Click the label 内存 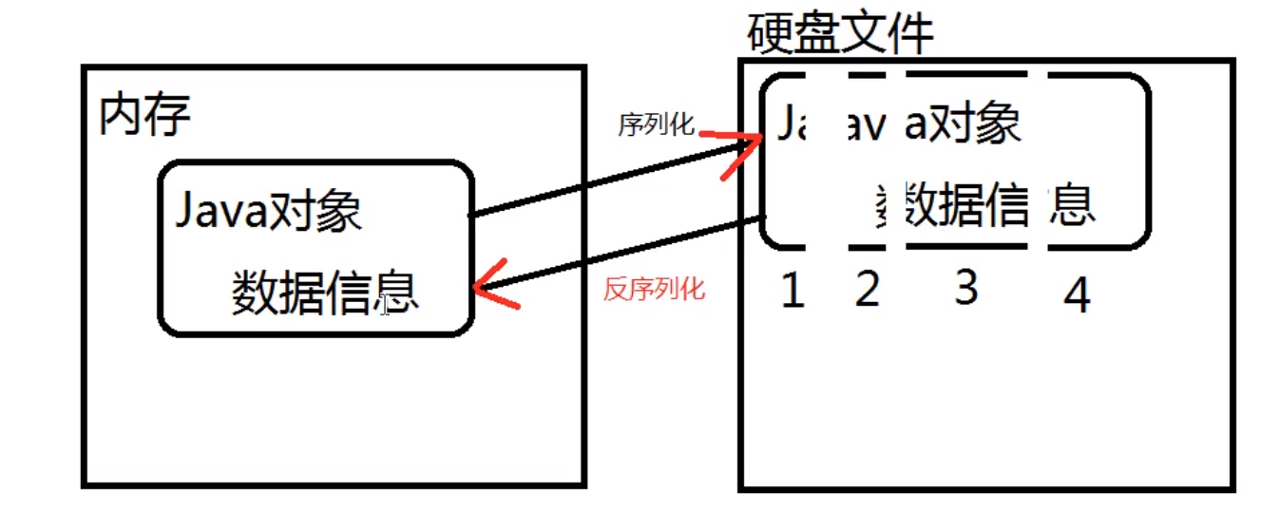click(x=144, y=116)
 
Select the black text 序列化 click(x=657, y=125)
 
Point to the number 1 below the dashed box click(x=793, y=293)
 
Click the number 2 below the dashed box click(x=867, y=290)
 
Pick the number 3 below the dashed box click(x=966, y=286)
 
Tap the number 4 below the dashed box click(x=1077, y=297)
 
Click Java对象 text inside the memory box click(x=269, y=211)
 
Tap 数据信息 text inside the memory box click(x=324, y=293)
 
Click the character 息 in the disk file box click(x=1073, y=204)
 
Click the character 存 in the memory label click(x=168, y=116)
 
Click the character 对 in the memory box click(x=290, y=211)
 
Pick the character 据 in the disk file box click(x=966, y=204)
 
